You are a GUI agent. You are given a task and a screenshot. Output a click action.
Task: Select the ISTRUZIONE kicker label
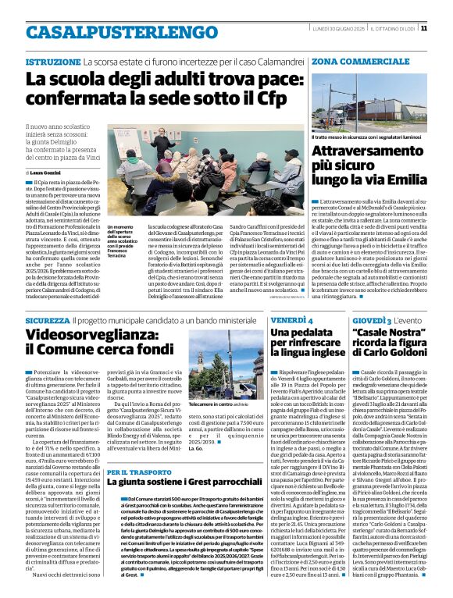coord(52,60)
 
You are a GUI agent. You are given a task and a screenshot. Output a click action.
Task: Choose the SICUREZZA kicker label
coord(47,321)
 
